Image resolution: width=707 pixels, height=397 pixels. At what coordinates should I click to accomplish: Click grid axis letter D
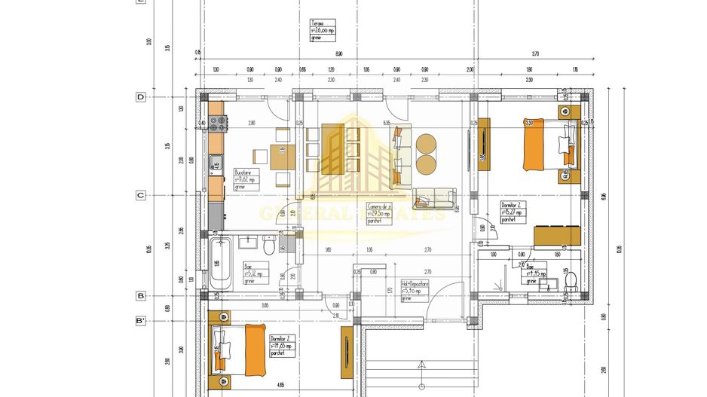(140, 97)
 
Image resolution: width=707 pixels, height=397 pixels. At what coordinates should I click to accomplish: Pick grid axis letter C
(140, 195)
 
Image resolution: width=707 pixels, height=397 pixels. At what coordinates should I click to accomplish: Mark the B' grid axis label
(140, 321)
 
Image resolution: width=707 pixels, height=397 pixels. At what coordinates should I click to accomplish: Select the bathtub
(220, 264)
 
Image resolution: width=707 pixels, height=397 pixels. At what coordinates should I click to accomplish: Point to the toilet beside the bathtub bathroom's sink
(270, 246)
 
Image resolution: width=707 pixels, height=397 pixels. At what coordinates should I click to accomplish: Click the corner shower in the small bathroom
(498, 280)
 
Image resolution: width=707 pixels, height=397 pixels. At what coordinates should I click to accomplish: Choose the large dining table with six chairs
(332, 148)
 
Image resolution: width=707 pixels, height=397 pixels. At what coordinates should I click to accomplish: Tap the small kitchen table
(280, 157)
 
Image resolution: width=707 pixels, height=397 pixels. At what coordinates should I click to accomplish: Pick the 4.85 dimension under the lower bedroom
(280, 385)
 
